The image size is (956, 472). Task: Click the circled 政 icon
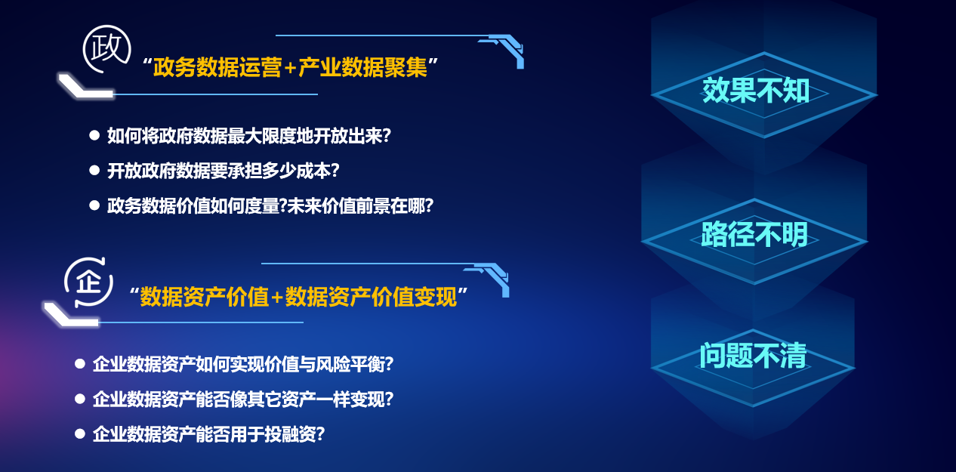pos(106,48)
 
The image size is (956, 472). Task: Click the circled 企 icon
pos(89,282)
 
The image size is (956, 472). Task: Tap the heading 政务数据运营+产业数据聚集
pos(290,67)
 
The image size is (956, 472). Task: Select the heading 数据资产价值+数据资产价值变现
pos(298,297)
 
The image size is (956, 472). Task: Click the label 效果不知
pos(756,90)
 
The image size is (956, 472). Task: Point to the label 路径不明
pos(754,234)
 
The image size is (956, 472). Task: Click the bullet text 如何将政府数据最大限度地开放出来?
pos(248,136)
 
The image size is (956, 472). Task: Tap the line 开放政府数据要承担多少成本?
pos(224,171)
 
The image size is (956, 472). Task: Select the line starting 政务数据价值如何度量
pos(270,205)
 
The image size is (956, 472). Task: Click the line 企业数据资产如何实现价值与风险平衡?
pos(243,364)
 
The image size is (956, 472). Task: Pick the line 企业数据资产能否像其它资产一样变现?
pos(243,400)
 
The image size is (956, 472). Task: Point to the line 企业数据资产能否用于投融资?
pos(208,434)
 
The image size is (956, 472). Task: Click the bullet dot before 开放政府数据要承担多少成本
pos(94,170)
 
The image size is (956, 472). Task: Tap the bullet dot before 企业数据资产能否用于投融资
pos(80,434)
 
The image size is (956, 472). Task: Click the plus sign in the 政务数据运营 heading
pos(290,68)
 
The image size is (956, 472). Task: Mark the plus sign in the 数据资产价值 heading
pos(277,298)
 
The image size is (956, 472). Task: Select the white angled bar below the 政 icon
pos(85,86)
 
